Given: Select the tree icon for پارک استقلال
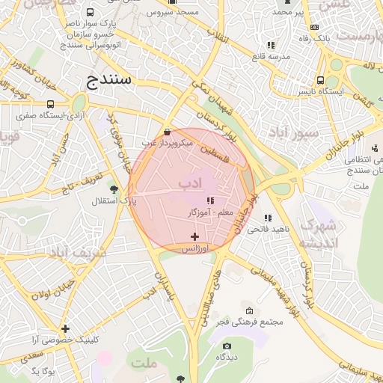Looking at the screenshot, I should click(114, 189).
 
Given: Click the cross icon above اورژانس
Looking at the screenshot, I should click(195, 236).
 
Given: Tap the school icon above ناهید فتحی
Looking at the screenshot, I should click(268, 218).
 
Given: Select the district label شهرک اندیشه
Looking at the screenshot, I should click(319, 234).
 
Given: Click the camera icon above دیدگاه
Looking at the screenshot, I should click(227, 346).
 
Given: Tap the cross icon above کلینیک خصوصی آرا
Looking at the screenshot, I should click(66, 328).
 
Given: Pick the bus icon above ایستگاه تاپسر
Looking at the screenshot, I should click(320, 80).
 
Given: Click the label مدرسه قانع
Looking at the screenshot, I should click(269, 57).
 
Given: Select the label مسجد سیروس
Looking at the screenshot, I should click(171, 13).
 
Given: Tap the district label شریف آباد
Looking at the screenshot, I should click(79, 253).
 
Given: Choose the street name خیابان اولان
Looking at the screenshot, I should click(52, 290).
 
